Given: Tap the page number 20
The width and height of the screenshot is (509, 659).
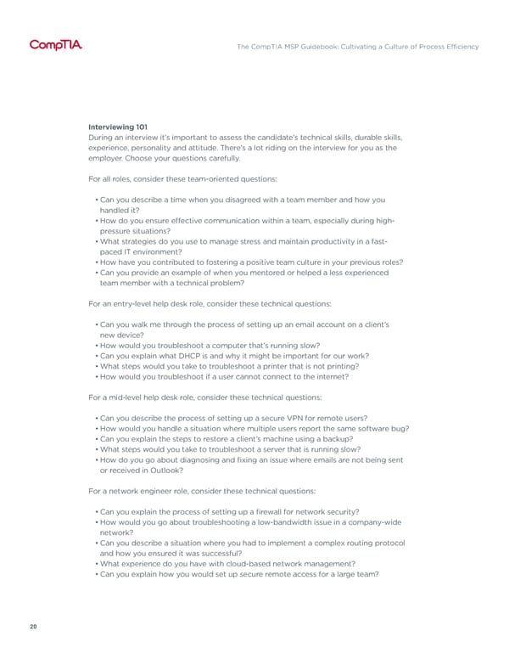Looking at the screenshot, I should (x=32, y=628).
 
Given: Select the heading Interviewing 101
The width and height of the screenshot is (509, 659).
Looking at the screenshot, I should (x=118, y=127).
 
